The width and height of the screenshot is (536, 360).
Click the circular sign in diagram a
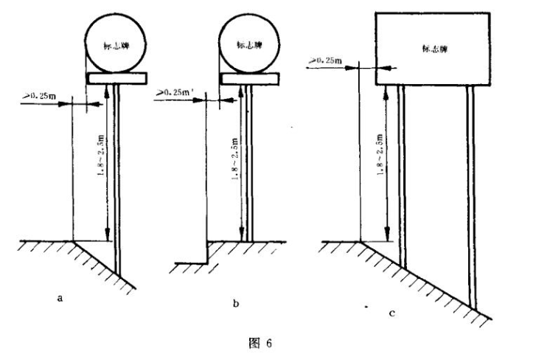(x=116, y=41)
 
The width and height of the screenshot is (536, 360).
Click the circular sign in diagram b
(x=251, y=41)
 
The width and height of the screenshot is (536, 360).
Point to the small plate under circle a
(x=116, y=77)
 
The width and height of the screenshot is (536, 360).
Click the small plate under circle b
(x=251, y=77)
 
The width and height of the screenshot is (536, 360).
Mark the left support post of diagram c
(x=402, y=177)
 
